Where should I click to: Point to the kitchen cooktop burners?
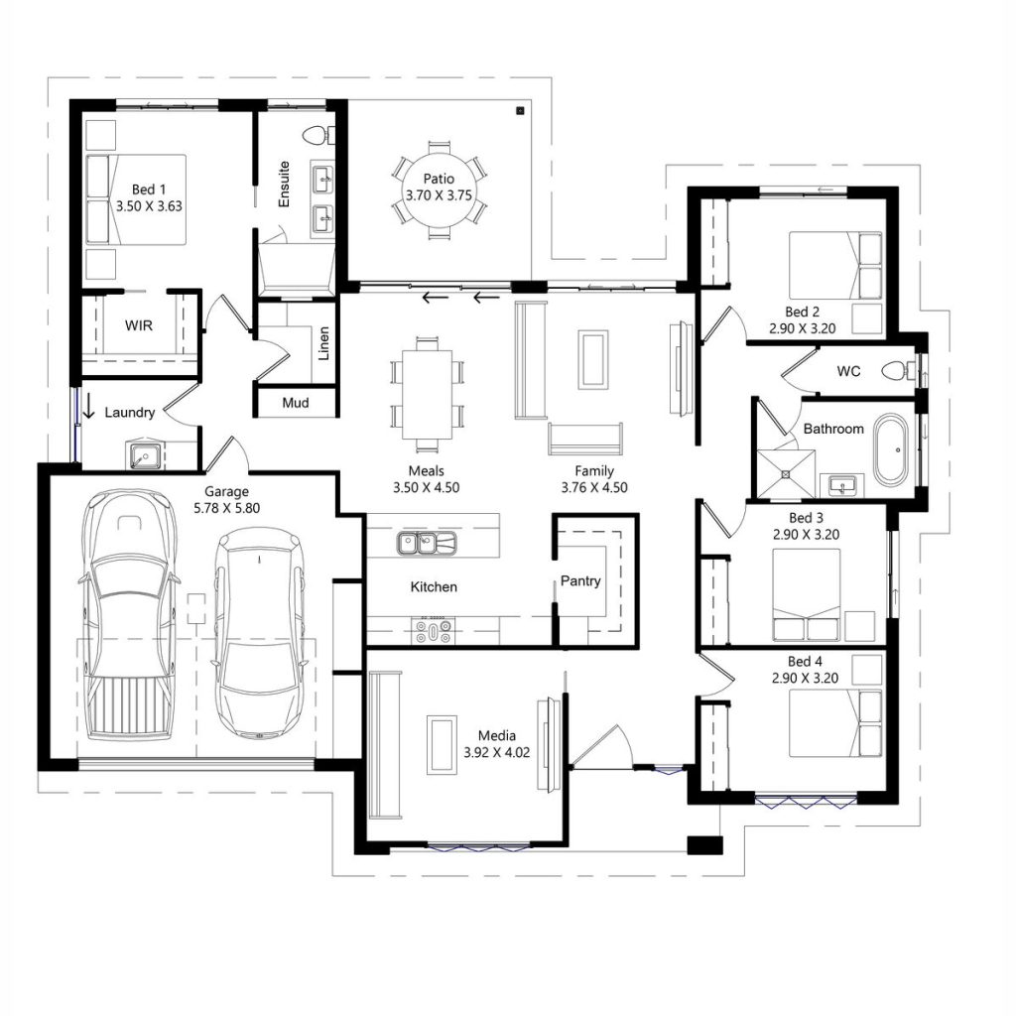pos(434,629)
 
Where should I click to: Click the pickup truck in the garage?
pos(128,615)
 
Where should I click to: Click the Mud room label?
pos(295,403)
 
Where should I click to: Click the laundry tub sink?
pos(144,455)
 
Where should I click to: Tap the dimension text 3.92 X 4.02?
pos(497,752)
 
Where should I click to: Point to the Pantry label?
pos(580,580)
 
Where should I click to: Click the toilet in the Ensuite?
pos(318,135)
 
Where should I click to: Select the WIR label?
pos(138,325)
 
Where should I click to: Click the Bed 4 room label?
pos(805,661)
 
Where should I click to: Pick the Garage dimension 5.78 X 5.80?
pos(226,507)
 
